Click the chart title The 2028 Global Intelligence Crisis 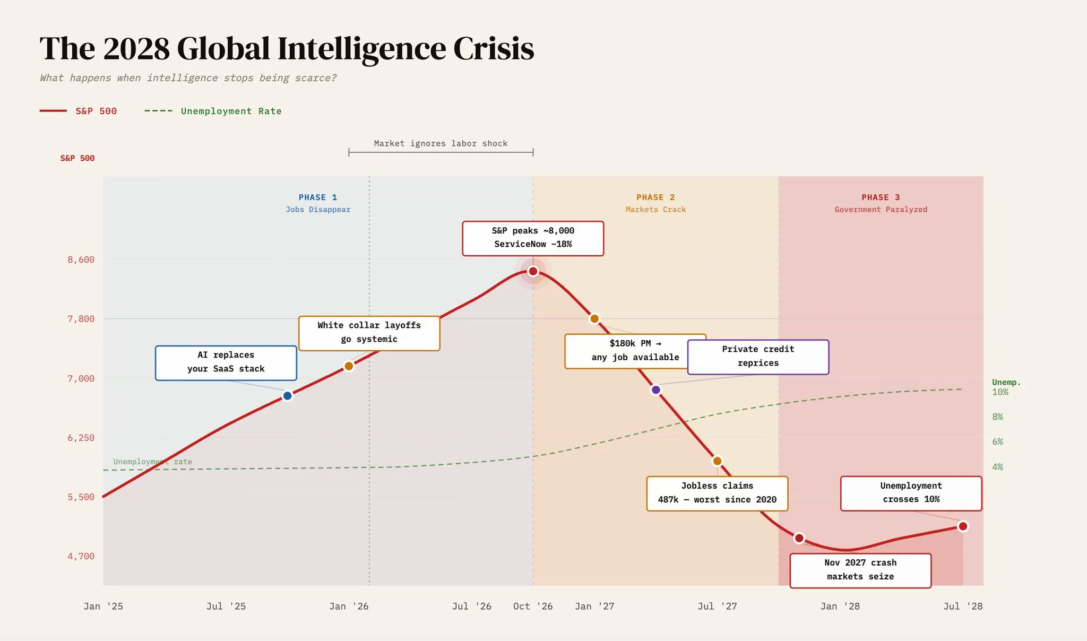point(287,49)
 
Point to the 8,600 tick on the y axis point(81,259)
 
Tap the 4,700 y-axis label point(81,556)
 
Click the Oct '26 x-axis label point(533,606)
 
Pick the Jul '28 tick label point(963,606)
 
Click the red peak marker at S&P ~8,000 point(533,271)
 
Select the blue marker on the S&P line point(287,396)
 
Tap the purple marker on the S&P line point(656,390)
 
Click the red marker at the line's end point(963,526)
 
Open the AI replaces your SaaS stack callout point(226,362)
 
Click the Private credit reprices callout point(758,357)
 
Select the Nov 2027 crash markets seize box point(860,570)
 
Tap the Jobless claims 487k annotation point(717,493)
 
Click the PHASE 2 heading point(655,197)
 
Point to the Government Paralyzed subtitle point(881,210)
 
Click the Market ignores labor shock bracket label point(441,143)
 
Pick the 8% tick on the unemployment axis point(997,417)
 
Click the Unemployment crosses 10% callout point(911,493)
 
